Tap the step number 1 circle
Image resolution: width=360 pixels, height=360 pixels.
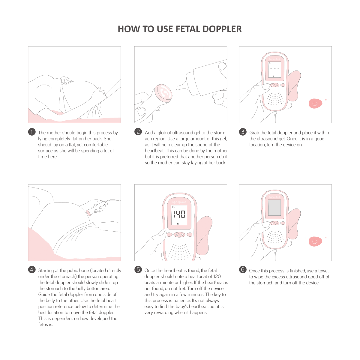32,132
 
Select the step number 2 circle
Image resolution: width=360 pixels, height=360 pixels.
138,132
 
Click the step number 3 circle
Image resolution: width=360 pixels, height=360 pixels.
243,132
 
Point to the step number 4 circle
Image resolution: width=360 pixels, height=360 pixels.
32,269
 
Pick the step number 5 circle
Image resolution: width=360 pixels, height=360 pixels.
138,269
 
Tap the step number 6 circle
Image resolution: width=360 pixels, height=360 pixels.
243,269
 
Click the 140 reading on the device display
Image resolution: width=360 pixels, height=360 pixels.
179,214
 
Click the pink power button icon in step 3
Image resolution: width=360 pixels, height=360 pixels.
315,103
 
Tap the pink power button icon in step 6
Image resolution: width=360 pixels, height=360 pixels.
315,241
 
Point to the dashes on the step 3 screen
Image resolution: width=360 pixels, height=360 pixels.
274,69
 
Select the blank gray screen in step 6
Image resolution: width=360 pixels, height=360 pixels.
274,208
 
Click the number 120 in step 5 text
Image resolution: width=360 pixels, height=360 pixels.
217,277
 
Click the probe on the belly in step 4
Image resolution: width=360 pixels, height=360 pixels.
89,212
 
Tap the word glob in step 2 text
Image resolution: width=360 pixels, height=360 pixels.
162,133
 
